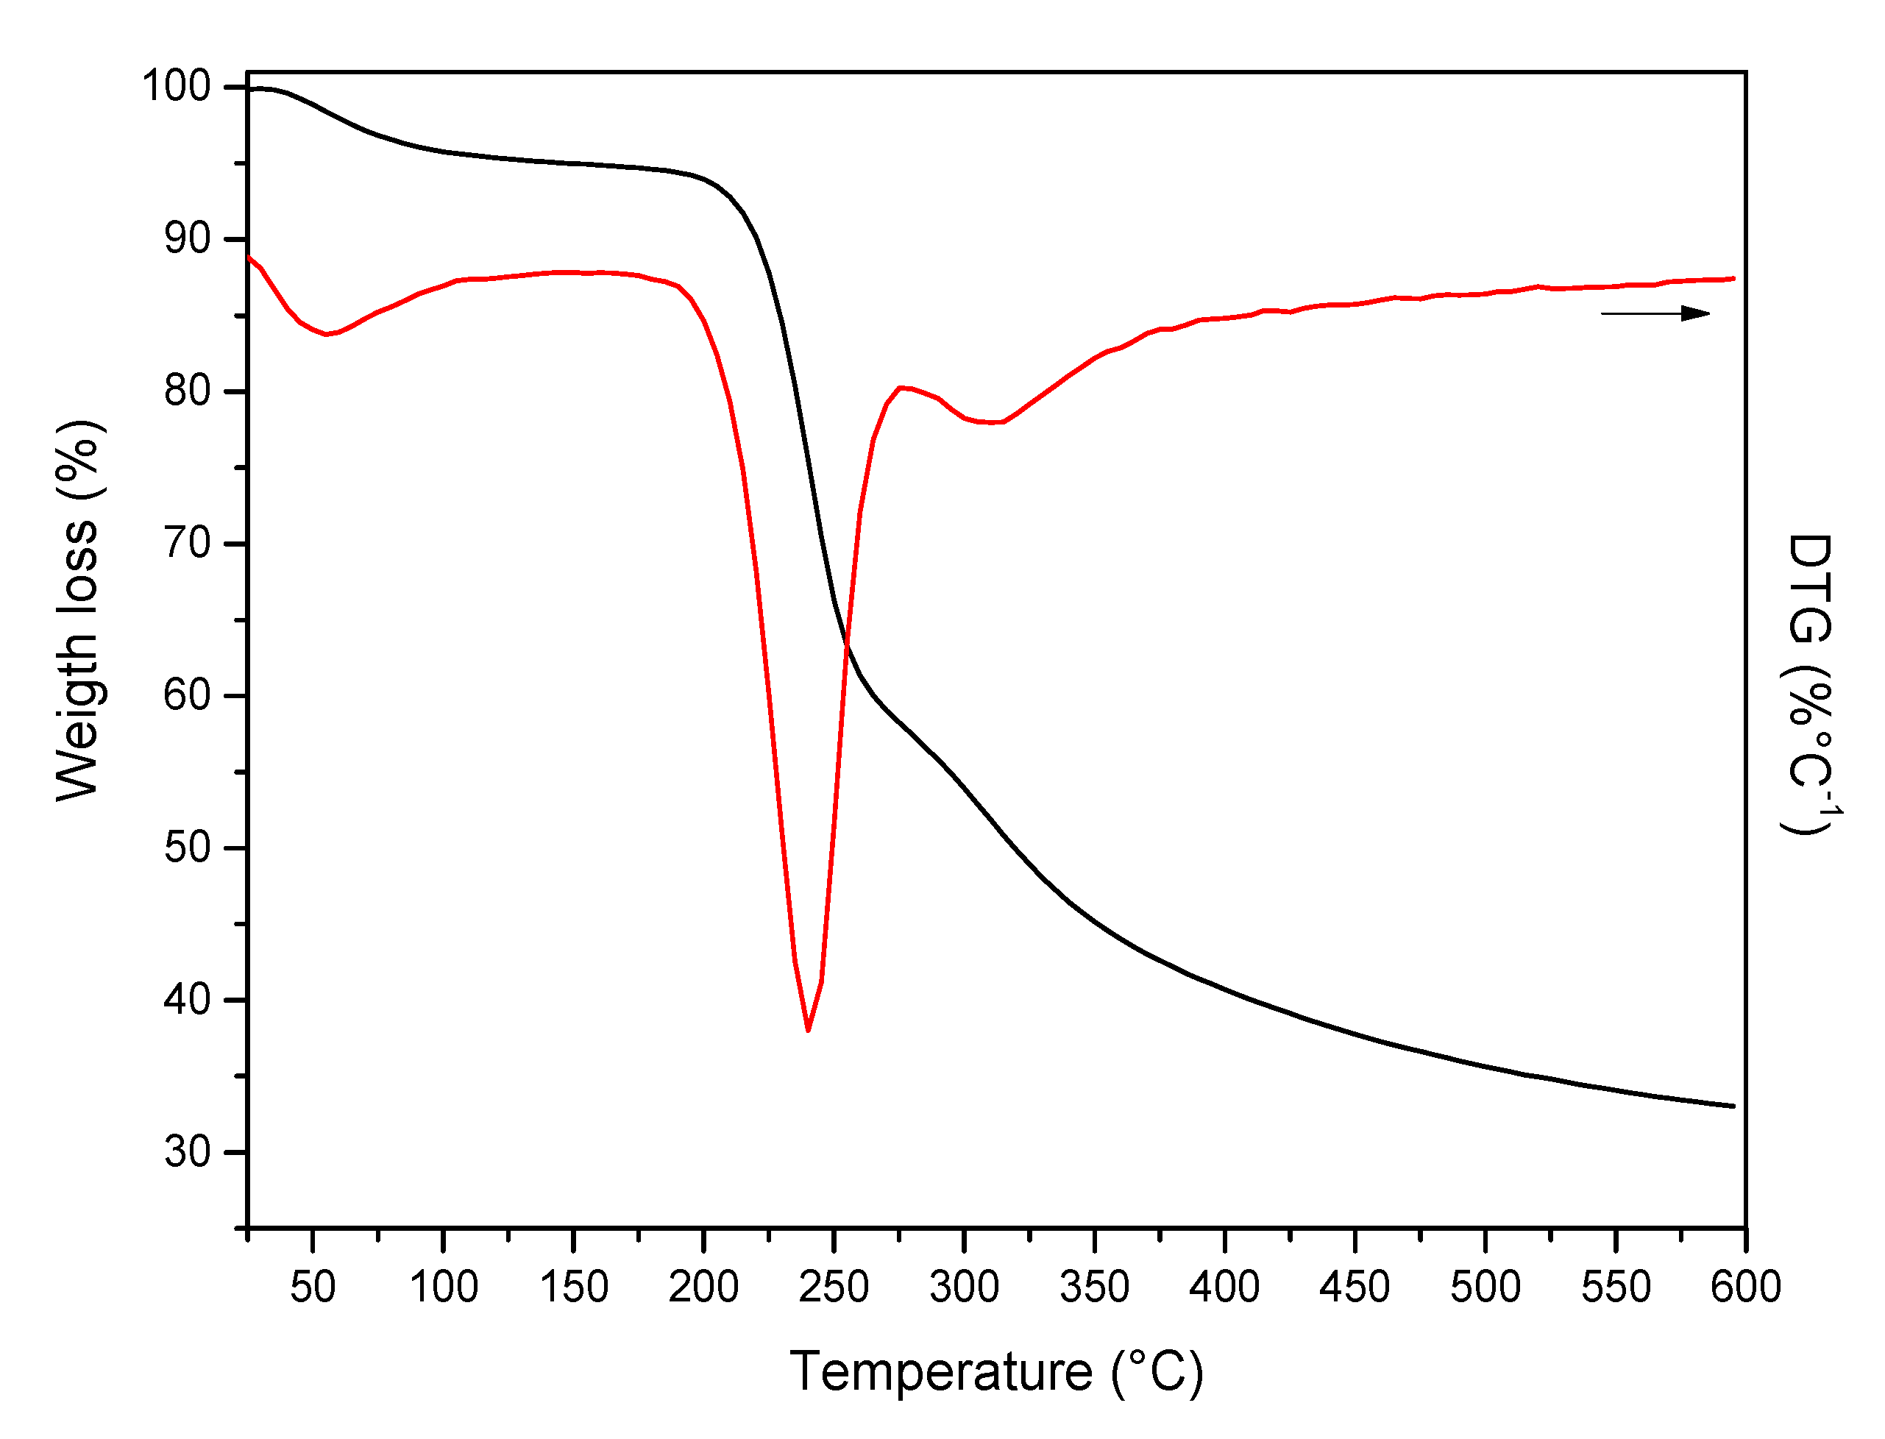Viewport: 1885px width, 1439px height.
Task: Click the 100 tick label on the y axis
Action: click(176, 87)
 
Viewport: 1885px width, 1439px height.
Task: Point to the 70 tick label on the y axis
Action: click(187, 543)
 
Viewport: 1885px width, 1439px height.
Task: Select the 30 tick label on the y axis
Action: click(187, 1152)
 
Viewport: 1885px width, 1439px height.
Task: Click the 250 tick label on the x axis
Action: click(834, 1287)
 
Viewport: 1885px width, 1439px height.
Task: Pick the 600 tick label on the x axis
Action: click(1745, 1287)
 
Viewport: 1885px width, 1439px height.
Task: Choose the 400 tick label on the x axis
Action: click(1224, 1287)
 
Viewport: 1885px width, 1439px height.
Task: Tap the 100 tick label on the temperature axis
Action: click(443, 1287)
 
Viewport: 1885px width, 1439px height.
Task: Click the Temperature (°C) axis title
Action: click(996, 1371)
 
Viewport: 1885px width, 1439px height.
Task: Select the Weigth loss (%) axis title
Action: click(79, 611)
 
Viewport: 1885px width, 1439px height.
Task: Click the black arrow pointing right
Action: click(1655, 313)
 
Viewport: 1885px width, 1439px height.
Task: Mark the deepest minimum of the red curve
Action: click(808, 1029)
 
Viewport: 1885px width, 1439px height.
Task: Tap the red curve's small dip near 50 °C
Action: click(326, 334)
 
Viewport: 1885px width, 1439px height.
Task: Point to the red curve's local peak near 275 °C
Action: click(900, 387)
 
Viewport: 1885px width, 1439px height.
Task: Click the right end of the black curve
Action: click(1733, 1106)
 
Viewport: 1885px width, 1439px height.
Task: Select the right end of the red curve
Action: click(1733, 278)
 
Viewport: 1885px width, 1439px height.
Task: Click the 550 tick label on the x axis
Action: click(1615, 1287)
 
